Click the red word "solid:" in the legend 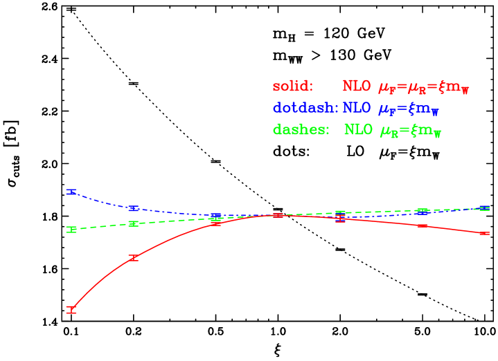tap(293, 86)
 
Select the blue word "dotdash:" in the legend tap(305, 108)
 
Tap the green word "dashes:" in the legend tap(301, 130)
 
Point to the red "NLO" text tap(357, 86)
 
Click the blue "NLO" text tap(357, 108)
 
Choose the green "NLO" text tap(359, 130)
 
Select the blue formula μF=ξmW tap(409, 109)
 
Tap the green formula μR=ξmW tap(410, 131)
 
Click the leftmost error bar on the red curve tap(71, 309)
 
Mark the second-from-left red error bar tap(133, 258)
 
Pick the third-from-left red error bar tap(215, 224)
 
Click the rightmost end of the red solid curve tap(488, 234)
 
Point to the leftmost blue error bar tap(71, 192)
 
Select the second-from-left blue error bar tap(133, 208)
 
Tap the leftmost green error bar tap(71, 230)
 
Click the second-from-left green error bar tap(133, 223)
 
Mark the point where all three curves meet tap(278, 215)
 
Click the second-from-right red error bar tap(423, 225)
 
